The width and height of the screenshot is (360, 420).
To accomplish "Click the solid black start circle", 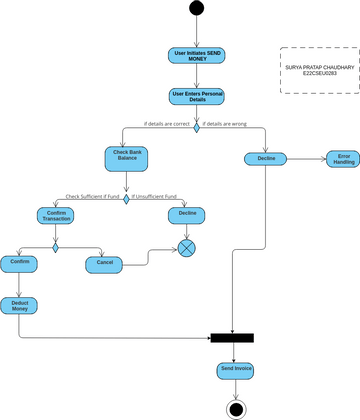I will point(196,10).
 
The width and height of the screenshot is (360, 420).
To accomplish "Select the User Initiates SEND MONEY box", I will point(196,56).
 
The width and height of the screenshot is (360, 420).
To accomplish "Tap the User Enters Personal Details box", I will point(196,97).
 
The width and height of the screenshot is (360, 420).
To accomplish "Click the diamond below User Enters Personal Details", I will point(196,127).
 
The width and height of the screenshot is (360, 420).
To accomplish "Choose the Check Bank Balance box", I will point(126,156).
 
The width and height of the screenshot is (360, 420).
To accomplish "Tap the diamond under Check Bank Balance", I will point(126,197).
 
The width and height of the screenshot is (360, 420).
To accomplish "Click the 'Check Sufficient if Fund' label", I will point(93,197).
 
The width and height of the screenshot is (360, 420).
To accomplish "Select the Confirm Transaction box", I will point(56,216).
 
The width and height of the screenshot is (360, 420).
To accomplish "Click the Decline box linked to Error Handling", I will point(266,159).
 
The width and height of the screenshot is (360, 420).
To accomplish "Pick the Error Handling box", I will point(343,159).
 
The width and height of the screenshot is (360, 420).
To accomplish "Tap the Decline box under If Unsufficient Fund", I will point(187,215).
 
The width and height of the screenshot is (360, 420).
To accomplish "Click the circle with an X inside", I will point(187,247).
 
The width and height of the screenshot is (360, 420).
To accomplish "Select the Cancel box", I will point(105,264).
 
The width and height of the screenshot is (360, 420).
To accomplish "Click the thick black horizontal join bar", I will point(232,338).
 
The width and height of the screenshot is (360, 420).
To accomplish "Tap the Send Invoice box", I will point(236,370).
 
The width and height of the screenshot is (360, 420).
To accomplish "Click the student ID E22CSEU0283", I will point(318,75).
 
